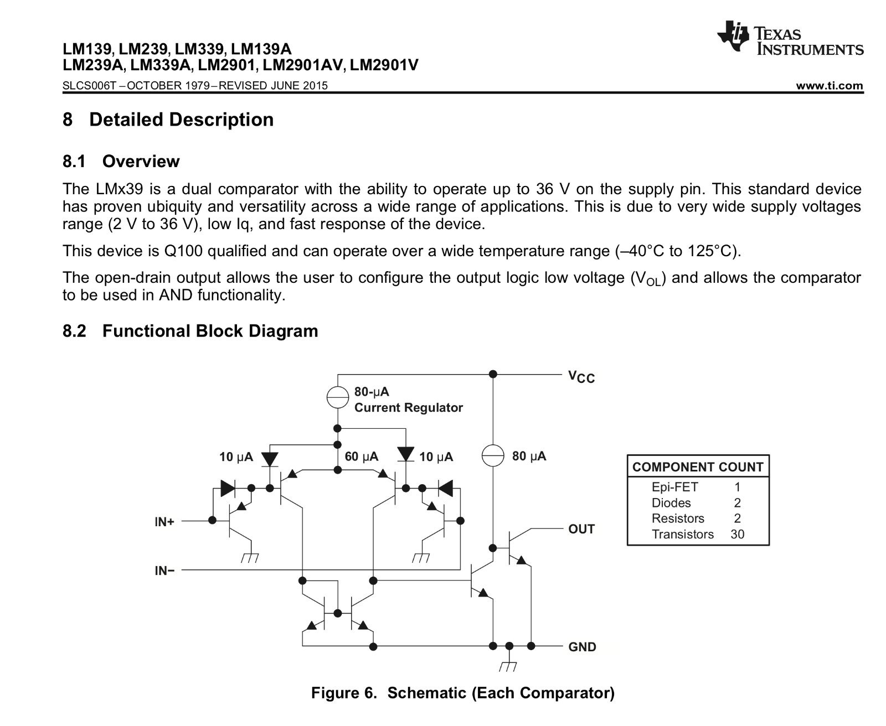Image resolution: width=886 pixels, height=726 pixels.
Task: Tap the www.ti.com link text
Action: [x=829, y=86]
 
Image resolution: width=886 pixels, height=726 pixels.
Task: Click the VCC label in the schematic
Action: [x=581, y=377]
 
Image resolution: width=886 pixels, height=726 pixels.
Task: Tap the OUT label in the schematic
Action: [x=581, y=529]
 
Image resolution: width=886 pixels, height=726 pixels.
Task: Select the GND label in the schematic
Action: [x=582, y=647]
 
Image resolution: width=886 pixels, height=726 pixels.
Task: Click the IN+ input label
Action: [x=164, y=521]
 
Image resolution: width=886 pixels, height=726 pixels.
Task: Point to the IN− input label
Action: [x=164, y=571]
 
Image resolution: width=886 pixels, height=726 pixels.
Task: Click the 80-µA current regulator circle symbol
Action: [x=337, y=397]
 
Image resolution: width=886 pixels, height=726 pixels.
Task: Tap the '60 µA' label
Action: [x=361, y=457]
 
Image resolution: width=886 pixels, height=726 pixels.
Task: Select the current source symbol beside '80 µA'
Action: [x=492, y=456]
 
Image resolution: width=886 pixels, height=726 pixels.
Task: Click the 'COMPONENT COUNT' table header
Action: [x=698, y=467]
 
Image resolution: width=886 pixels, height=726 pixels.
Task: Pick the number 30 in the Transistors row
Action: [x=737, y=534]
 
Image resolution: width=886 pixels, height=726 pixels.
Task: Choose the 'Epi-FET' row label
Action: [x=674, y=487]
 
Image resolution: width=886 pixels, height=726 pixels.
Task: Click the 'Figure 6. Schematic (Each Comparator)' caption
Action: [x=462, y=693]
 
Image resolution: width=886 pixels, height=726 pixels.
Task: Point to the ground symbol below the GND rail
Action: [x=509, y=666]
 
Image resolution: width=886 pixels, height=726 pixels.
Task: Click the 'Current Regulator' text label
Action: [x=408, y=408]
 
